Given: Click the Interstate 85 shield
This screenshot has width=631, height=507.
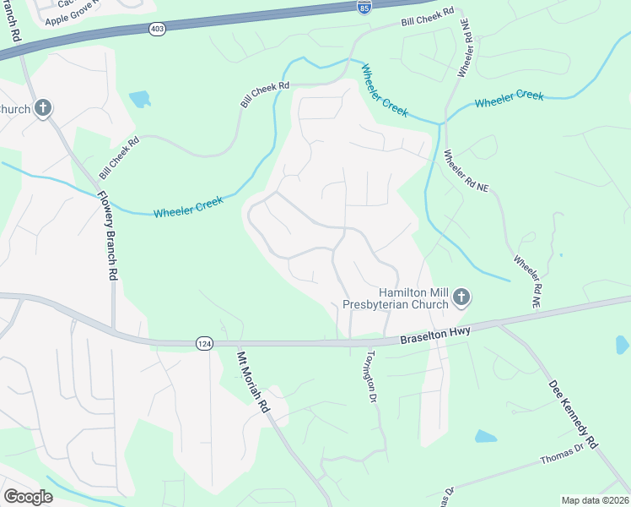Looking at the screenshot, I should pyautogui.click(x=364, y=8).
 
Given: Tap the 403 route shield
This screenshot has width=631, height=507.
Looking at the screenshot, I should pyautogui.click(x=159, y=30).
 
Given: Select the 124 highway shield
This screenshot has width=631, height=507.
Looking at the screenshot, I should pyautogui.click(x=203, y=343).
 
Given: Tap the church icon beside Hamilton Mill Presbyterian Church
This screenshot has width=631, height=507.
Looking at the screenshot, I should pyautogui.click(x=461, y=297).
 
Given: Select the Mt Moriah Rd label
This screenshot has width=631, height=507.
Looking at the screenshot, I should pyautogui.click(x=253, y=381).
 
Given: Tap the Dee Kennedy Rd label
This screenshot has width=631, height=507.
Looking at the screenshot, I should pyautogui.click(x=573, y=412).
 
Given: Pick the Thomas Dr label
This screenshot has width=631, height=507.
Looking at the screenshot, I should pyautogui.click(x=562, y=455).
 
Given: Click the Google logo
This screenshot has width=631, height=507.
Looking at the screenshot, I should pyautogui.click(x=28, y=497).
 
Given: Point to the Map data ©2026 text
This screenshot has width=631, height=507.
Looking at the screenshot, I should pyautogui.click(x=595, y=500).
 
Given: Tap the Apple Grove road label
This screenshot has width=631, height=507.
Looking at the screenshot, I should pyautogui.click(x=73, y=19).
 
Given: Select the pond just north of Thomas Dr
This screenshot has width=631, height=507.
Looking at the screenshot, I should pyautogui.click(x=486, y=437).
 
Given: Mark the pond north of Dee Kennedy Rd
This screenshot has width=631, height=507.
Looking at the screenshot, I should pyautogui.click(x=622, y=345).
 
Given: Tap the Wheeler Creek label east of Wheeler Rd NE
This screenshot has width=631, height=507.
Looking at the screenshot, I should pyautogui.click(x=509, y=99).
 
